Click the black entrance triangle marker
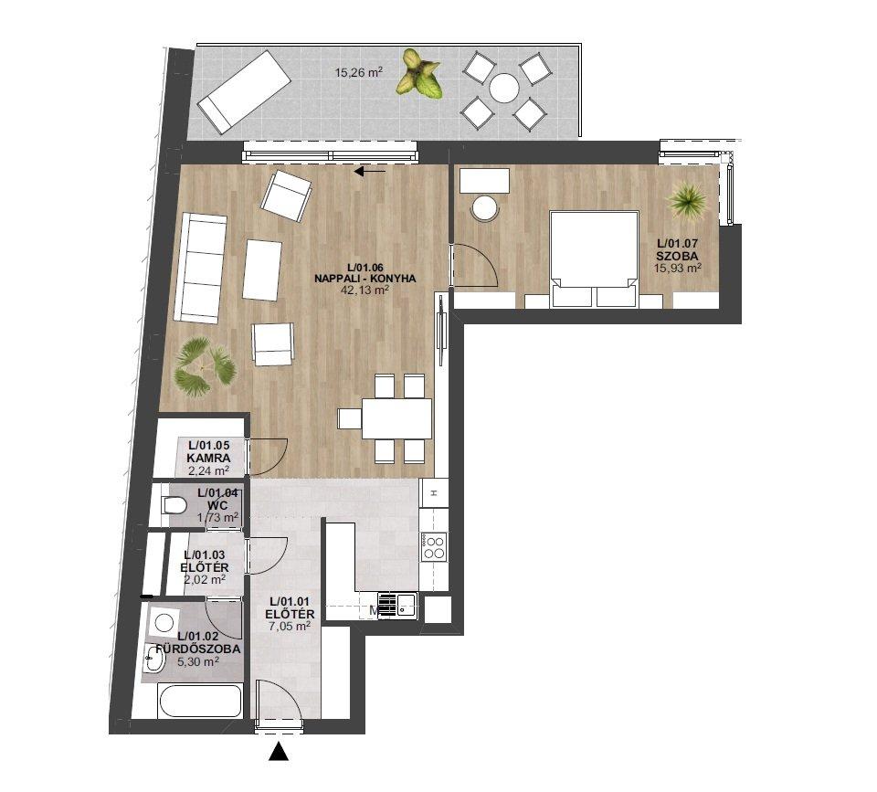[279, 751]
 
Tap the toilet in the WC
[174, 506]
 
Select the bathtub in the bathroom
[200, 701]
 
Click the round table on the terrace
[504, 89]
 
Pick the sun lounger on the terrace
[245, 91]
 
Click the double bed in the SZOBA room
[594, 259]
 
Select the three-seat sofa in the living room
[200, 269]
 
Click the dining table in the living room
[396, 418]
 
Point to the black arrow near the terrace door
[370, 171]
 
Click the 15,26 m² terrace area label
[358, 72]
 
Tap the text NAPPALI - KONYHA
[365, 279]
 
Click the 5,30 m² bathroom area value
[197, 661]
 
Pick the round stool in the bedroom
[485, 209]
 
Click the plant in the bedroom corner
[686, 200]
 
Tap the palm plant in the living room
[204, 366]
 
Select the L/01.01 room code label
[290, 601]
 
